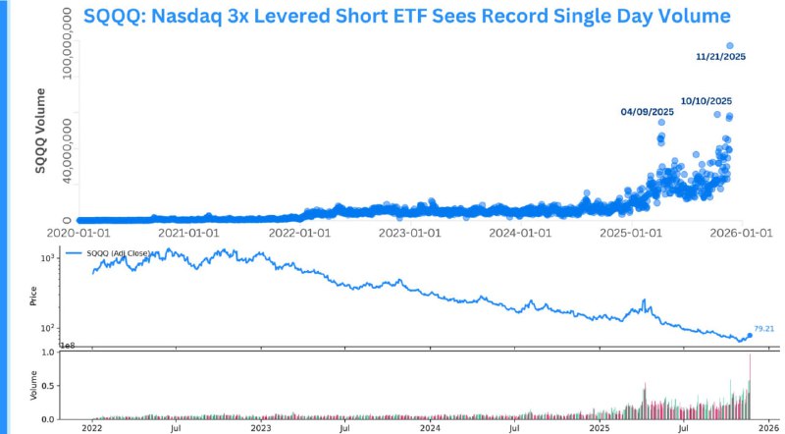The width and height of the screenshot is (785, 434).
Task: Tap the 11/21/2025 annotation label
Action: click(x=720, y=57)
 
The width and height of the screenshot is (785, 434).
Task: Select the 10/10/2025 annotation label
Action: click(x=706, y=101)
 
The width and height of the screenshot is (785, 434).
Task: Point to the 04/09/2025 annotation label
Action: click(x=648, y=113)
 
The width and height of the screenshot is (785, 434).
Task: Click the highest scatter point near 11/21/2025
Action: click(x=729, y=45)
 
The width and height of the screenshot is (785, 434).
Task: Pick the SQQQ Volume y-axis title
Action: click(x=41, y=131)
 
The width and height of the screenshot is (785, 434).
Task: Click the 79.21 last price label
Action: click(x=764, y=329)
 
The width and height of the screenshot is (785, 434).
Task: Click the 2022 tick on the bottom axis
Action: click(x=91, y=428)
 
